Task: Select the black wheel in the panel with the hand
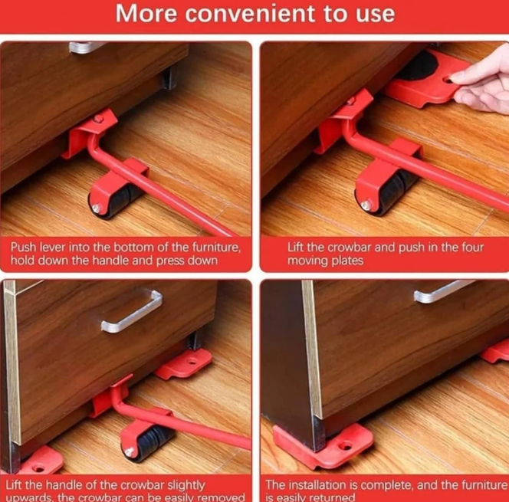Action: (x=391, y=192)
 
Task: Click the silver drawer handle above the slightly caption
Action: (x=131, y=311)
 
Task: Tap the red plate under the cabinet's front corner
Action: (x=322, y=444)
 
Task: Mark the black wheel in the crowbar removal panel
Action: (x=149, y=442)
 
